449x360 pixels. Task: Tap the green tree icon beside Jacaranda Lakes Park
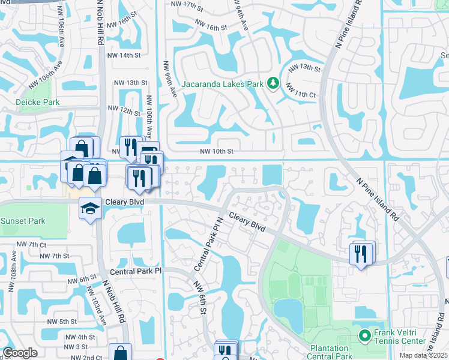pos(274,83)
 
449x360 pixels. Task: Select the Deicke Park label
pos(38,102)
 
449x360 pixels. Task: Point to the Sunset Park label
pos(22,221)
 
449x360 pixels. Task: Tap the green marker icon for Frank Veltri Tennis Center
pos(363,335)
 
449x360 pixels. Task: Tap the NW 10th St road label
pos(216,152)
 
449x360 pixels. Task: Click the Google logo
pos(20,353)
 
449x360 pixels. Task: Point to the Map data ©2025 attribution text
pos(423,355)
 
